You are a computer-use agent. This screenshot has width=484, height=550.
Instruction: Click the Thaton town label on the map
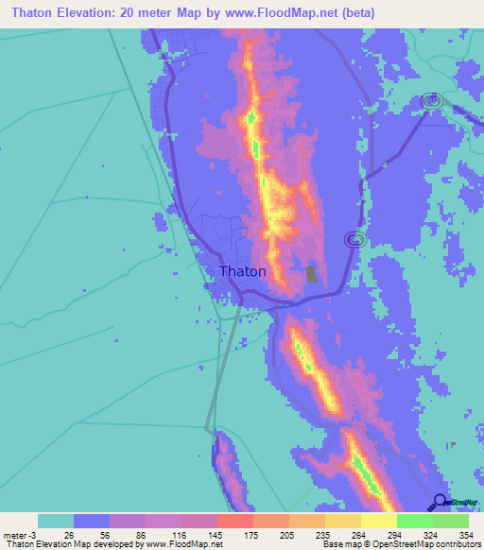click(242, 271)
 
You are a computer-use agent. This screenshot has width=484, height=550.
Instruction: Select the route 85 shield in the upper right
click(430, 101)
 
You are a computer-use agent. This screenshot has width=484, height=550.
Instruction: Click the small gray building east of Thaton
click(311, 275)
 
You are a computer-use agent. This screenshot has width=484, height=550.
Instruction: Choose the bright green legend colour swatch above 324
click(414, 521)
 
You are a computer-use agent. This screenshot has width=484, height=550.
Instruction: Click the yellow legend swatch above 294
click(378, 521)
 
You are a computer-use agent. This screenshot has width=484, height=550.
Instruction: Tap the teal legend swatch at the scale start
click(56, 521)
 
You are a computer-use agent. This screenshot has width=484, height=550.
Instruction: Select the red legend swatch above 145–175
click(234, 521)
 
